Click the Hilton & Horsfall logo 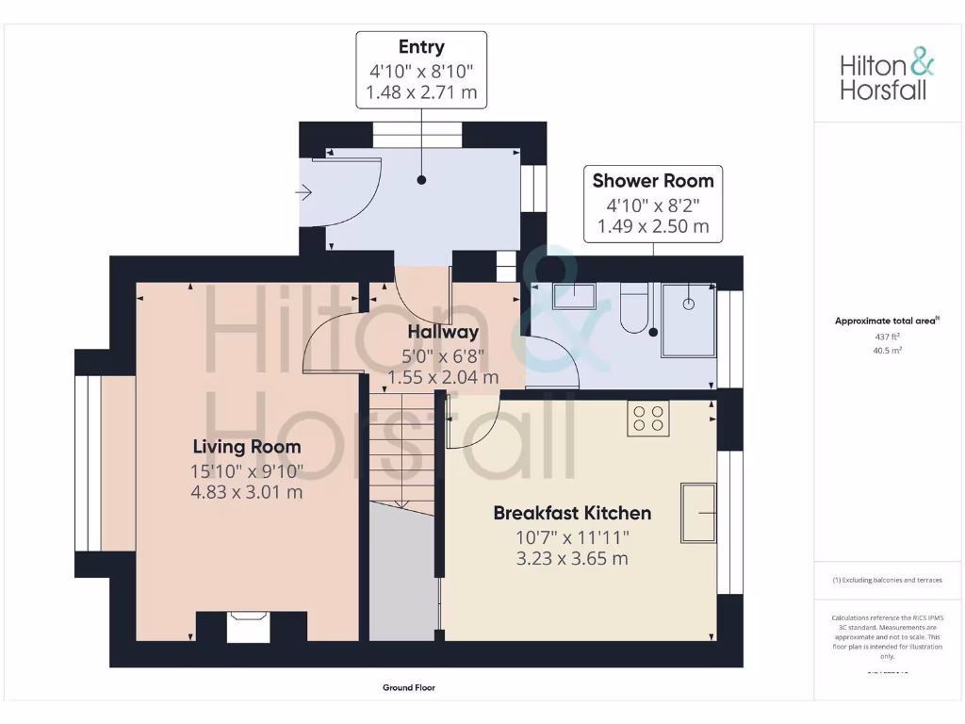[x=887, y=76]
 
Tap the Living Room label [x=247, y=447]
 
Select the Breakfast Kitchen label [x=572, y=513]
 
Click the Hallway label [x=443, y=332]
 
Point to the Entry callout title [x=421, y=47]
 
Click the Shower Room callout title [x=652, y=180]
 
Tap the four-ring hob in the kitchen [x=648, y=418]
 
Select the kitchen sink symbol [x=698, y=512]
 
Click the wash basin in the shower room [x=574, y=296]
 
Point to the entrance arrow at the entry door [x=303, y=193]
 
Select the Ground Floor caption [x=409, y=688]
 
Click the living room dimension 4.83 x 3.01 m [x=247, y=492]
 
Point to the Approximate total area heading [x=886, y=321]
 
